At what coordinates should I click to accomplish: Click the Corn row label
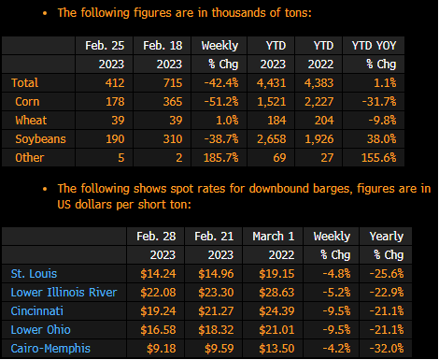point(27,102)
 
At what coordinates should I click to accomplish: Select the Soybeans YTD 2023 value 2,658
point(272,139)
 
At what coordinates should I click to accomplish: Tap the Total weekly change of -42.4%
point(221,83)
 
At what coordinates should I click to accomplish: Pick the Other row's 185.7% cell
point(221,158)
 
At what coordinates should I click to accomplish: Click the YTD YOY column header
point(375,46)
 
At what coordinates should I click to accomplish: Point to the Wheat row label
point(31,121)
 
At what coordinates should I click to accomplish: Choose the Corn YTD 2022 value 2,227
point(319,102)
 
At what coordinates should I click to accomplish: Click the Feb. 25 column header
point(105,46)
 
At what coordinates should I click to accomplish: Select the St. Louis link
point(34,274)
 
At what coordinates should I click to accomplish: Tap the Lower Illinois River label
point(64,293)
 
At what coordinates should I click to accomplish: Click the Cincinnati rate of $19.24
point(158,311)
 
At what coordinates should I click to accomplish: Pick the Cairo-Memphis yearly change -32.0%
point(387,349)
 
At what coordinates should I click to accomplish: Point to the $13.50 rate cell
point(276,349)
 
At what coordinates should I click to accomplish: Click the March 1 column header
point(274,237)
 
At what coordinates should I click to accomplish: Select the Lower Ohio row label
point(41,330)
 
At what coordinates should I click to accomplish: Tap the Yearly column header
point(387,237)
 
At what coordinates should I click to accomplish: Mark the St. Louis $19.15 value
point(276,274)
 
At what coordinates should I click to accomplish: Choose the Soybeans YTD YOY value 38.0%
point(382,139)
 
